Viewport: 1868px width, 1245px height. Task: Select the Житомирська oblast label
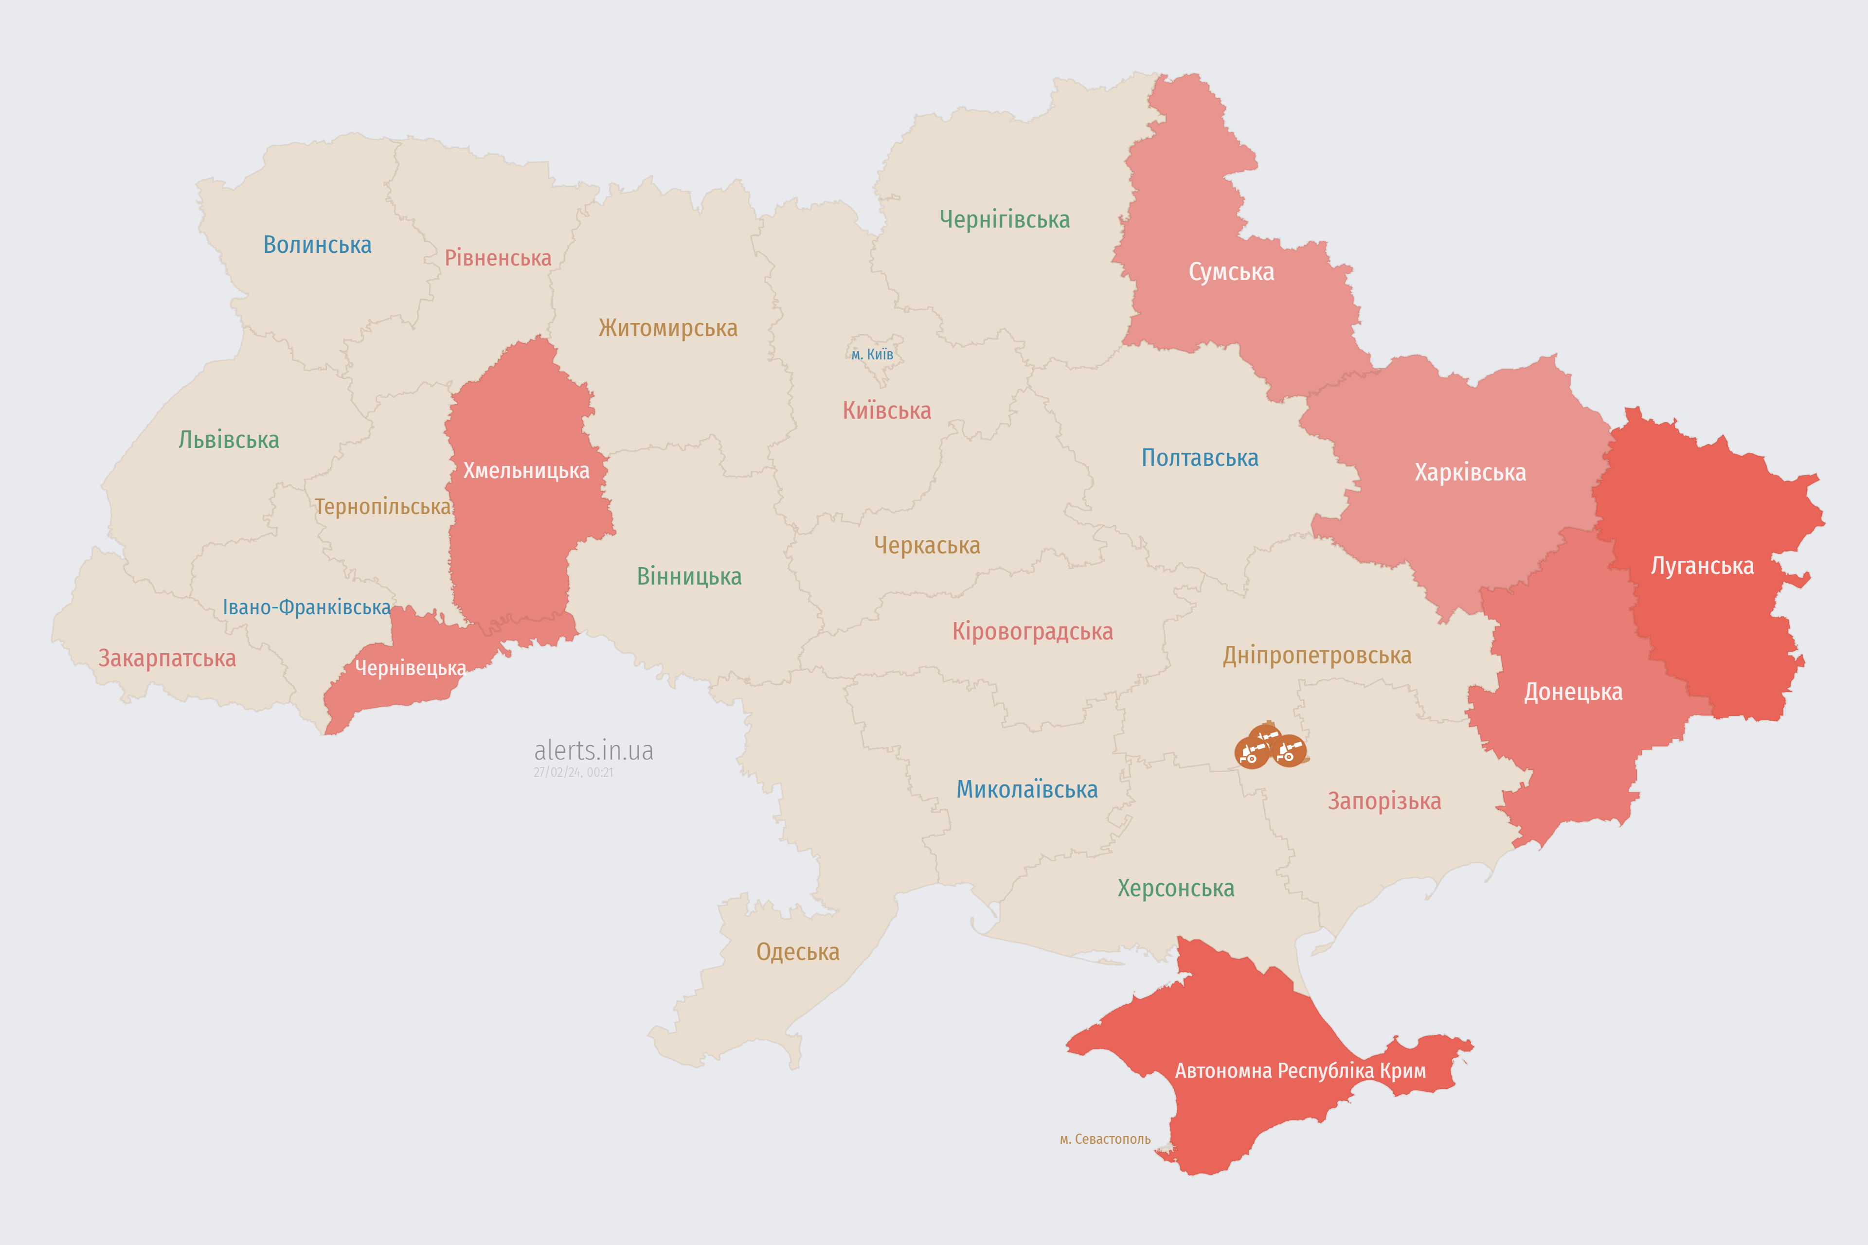668,328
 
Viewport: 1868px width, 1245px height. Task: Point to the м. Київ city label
872,354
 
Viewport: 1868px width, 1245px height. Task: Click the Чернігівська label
1005,219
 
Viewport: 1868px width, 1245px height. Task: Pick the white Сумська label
1231,272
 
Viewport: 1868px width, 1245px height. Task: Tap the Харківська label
1470,472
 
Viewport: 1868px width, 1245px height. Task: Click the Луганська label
1702,566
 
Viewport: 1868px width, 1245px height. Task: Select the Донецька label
1573,692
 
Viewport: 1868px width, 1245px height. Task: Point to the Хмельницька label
526,471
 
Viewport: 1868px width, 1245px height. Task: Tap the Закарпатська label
167,658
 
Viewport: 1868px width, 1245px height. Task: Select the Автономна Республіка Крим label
1300,1070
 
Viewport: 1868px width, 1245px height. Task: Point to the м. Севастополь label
1105,1139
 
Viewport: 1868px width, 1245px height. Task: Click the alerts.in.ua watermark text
593,750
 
